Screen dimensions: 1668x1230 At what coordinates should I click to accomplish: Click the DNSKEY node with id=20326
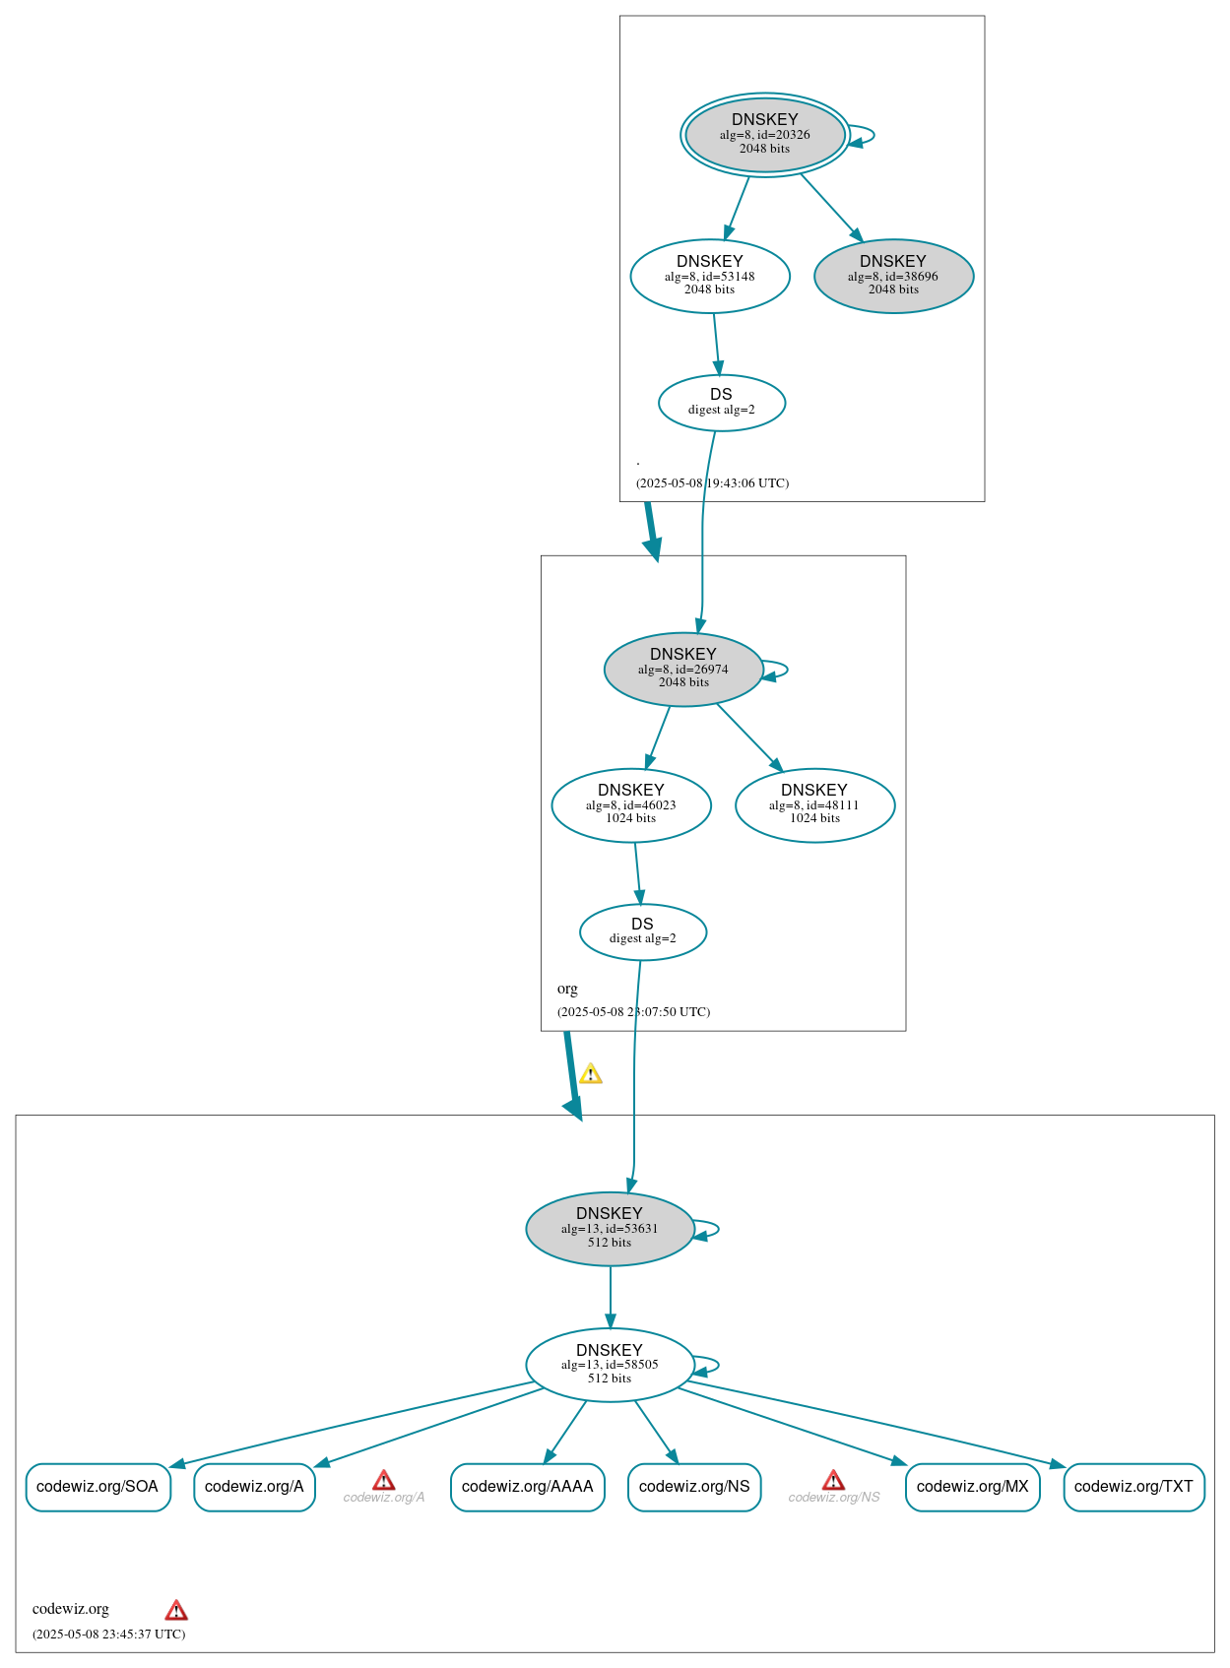click(x=764, y=135)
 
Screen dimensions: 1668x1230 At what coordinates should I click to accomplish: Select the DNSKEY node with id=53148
click(x=709, y=276)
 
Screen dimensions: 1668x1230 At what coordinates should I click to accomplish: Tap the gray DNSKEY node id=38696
click(x=893, y=276)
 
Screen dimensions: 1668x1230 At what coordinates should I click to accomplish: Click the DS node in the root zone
click(x=721, y=402)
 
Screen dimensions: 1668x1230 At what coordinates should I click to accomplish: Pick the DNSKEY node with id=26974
click(x=682, y=669)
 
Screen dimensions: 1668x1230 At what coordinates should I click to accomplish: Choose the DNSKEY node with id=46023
click(x=630, y=804)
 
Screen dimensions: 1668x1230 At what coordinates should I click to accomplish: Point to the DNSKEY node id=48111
click(x=814, y=804)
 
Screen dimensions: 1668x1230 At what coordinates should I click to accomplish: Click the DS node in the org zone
click(x=642, y=931)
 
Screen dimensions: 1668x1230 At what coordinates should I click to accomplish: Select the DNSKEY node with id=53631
click(x=610, y=1228)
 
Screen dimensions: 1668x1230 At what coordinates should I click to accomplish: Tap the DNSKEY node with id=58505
click(x=610, y=1364)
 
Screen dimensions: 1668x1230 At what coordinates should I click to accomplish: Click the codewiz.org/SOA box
click(x=97, y=1487)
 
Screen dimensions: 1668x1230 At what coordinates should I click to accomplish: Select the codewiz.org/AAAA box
click(x=527, y=1487)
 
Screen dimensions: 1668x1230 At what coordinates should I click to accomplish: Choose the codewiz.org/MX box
click(x=972, y=1487)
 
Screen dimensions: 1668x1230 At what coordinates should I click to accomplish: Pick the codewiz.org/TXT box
click(x=1133, y=1487)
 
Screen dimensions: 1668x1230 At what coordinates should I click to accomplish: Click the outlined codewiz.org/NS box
click(x=694, y=1487)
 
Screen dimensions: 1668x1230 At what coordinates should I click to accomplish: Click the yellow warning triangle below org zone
click(x=590, y=1074)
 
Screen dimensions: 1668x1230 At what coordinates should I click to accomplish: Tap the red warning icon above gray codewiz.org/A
click(x=384, y=1480)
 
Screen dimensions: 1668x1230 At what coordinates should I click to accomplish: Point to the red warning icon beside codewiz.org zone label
click(x=176, y=1611)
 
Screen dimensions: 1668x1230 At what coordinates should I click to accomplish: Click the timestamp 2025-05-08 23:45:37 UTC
click(x=108, y=1635)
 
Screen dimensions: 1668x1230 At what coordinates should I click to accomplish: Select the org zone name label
click(x=567, y=989)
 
